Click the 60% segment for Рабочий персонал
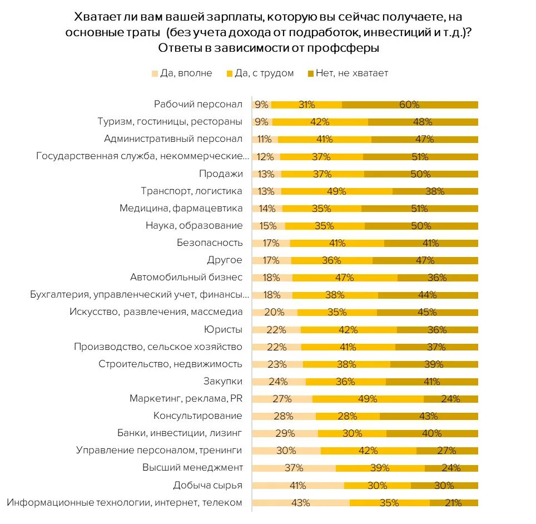(x=410, y=105)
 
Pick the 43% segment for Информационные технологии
(x=301, y=503)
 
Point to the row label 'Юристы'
(x=224, y=329)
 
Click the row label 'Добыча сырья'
(x=208, y=485)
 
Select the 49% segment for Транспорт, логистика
(x=336, y=191)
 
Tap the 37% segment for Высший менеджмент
(x=294, y=468)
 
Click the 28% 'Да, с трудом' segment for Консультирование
(x=348, y=416)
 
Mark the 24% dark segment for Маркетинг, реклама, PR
(x=450, y=399)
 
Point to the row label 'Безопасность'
(x=210, y=243)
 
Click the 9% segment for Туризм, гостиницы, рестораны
(x=262, y=122)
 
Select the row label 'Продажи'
(x=221, y=174)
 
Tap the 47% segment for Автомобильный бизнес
(x=345, y=278)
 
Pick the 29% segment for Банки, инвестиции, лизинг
(x=285, y=433)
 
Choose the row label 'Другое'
(x=225, y=260)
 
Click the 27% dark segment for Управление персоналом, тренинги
(x=446, y=451)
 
